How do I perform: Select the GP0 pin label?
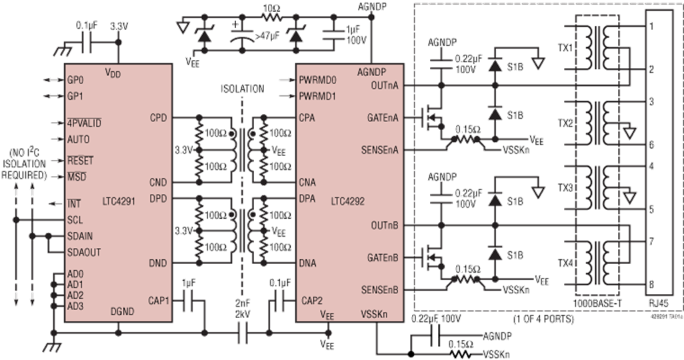[75, 79]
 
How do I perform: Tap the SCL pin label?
[75, 219]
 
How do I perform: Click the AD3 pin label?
[75, 306]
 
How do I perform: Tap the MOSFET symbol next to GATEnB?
[430, 256]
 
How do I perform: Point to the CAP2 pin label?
[313, 301]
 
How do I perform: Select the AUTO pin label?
[79, 139]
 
